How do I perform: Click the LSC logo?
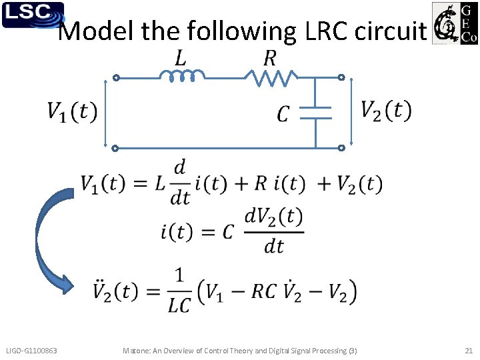coord(33,15)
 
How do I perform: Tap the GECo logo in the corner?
coord(455,23)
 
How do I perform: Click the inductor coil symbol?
coord(181,77)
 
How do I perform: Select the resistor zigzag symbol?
coord(270,79)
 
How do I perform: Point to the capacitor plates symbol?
coord(316,113)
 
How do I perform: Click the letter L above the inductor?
coord(181,59)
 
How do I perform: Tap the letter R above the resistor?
coord(269,59)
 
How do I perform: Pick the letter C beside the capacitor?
coord(283,115)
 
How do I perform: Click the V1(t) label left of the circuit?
coord(72,111)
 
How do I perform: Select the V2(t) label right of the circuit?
coord(386,110)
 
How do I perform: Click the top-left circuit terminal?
coord(115,78)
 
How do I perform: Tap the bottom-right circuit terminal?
coord(341,148)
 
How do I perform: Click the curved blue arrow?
coord(53,240)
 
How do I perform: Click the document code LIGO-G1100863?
coord(31,351)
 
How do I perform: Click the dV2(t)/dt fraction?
coord(274,230)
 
